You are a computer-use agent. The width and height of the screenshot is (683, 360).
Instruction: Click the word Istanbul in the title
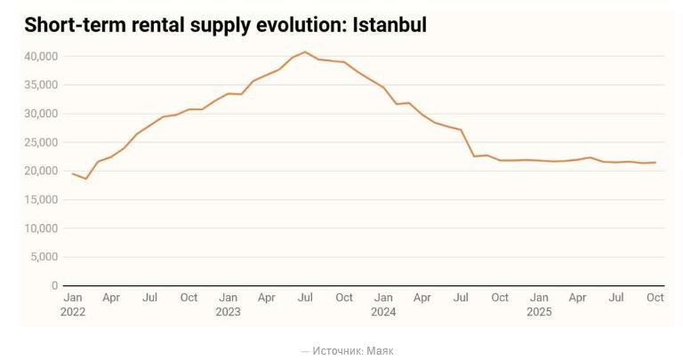(390, 26)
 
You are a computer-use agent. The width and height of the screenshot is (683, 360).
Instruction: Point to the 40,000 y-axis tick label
(41, 57)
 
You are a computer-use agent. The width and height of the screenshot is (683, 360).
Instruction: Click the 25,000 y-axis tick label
(41, 142)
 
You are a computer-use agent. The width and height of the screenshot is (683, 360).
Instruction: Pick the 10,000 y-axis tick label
(41, 228)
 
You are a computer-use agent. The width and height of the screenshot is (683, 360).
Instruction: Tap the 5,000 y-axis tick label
(44, 257)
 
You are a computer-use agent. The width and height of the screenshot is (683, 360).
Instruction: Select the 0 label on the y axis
(54, 285)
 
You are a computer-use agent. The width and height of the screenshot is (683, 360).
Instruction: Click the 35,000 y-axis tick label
(41, 85)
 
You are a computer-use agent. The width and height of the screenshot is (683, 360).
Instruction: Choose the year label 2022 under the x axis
(73, 312)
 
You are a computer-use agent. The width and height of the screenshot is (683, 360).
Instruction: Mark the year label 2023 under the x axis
(229, 312)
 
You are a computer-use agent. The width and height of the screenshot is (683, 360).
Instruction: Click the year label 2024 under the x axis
(383, 312)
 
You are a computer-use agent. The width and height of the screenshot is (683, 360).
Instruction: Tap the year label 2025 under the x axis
(539, 312)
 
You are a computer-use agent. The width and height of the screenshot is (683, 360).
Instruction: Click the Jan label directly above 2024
(383, 298)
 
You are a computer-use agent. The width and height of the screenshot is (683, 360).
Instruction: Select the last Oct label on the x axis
(655, 298)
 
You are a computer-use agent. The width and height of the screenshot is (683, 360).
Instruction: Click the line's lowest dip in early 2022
(85, 179)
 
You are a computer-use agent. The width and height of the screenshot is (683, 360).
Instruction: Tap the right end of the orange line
(655, 163)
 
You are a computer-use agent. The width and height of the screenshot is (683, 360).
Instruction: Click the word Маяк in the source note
(380, 351)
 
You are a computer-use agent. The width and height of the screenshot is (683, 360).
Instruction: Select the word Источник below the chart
(337, 351)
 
